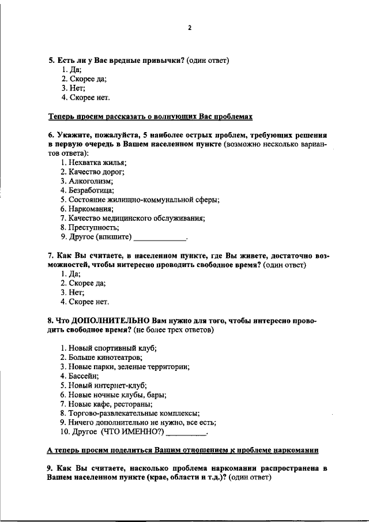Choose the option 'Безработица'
[87, 190]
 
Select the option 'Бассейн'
[80, 375]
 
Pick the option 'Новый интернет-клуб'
[104, 385]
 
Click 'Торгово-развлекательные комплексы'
[130, 412]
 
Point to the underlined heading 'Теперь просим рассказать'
[150, 117]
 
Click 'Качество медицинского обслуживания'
[133, 218]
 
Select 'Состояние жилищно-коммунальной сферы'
[140, 200]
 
